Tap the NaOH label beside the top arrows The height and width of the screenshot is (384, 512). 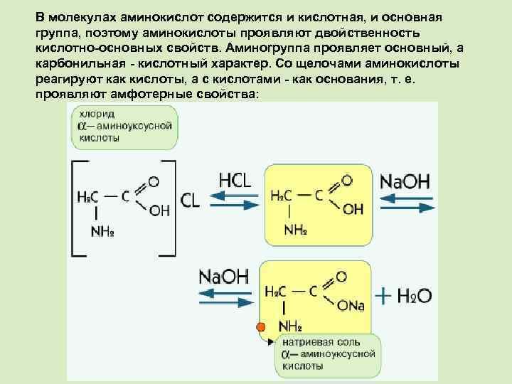[405, 181]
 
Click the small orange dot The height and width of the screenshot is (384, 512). [260, 328]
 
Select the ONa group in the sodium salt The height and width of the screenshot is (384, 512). [351, 306]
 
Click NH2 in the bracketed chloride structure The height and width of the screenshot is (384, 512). [102, 231]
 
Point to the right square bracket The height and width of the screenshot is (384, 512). [171, 207]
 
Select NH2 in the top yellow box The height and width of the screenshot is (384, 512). [295, 229]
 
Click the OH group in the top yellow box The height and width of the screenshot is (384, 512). [353, 209]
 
